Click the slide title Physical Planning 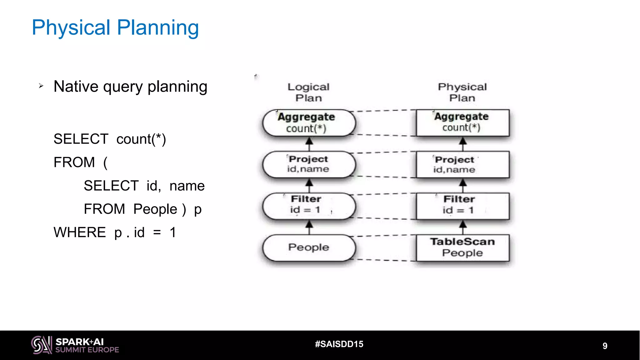coord(115,27)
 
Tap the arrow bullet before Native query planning coord(41,86)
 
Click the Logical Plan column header coord(308,92)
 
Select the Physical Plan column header coord(462,92)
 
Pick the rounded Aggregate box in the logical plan coord(309,123)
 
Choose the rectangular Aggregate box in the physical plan coord(462,122)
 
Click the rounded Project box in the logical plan coord(309,164)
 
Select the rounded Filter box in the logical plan coord(309,206)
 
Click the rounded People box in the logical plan coord(309,247)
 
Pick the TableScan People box coord(462,247)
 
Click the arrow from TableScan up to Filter coord(463,227)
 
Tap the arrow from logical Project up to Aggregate coord(309,144)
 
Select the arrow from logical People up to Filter coord(309,227)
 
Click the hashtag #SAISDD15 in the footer coord(339,344)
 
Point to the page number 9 coord(605,346)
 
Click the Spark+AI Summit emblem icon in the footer coord(42,345)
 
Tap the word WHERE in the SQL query coord(80,232)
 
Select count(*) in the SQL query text coord(141,139)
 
